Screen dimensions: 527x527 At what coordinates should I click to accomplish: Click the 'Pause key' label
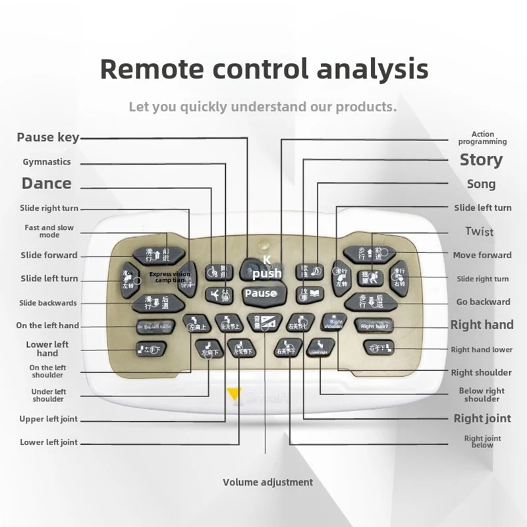47,138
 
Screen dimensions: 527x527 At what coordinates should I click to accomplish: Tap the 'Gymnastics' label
47,162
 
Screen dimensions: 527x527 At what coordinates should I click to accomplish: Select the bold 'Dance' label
46,183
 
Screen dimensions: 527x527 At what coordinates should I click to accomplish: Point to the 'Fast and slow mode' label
49,231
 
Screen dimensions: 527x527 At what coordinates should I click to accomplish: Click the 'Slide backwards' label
48,303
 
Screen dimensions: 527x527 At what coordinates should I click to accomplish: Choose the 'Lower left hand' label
48,348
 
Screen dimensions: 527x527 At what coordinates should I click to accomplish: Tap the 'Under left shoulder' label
48,395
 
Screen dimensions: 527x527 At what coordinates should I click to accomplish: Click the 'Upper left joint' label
49,419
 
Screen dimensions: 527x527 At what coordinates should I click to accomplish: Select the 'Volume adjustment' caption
267,482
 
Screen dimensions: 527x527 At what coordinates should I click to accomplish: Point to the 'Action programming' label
483,138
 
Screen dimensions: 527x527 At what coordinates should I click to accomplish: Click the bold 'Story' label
481,160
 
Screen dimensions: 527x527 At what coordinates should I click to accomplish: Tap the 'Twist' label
479,231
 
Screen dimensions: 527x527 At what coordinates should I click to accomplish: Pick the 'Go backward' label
483,302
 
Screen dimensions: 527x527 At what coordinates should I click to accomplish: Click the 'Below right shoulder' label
482,395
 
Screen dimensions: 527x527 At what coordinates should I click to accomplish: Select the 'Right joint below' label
482,441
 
